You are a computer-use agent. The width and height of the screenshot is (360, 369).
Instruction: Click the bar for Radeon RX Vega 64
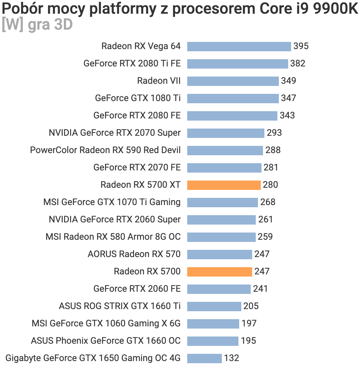[239, 46]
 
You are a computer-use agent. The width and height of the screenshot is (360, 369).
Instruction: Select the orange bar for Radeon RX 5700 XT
[224, 185]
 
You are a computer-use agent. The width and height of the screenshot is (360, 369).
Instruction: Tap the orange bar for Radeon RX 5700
[219, 272]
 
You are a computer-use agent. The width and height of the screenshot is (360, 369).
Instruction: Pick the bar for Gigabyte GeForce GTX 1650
[204, 358]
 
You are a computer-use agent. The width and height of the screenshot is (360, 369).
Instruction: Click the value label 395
[301, 46]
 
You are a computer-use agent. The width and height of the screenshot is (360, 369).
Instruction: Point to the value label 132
[232, 358]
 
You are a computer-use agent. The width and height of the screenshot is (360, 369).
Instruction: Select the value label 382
[298, 64]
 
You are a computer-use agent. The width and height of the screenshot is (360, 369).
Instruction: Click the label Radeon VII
[159, 81]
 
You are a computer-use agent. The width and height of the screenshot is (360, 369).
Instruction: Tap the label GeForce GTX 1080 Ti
[138, 98]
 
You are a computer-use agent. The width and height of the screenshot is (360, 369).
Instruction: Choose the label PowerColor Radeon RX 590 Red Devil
[105, 150]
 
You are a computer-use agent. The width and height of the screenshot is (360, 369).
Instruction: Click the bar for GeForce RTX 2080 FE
[232, 116]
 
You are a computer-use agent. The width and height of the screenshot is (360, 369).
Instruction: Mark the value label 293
[274, 133]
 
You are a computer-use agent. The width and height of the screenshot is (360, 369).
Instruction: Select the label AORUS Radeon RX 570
[134, 254]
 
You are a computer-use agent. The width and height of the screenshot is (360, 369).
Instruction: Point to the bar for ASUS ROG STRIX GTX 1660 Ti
[214, 306]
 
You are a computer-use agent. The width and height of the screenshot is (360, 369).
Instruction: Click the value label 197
[249, 324]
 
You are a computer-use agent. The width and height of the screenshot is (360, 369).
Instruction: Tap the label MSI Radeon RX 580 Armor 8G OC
[113, 237]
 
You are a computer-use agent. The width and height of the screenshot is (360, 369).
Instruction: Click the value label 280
[271, 185]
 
